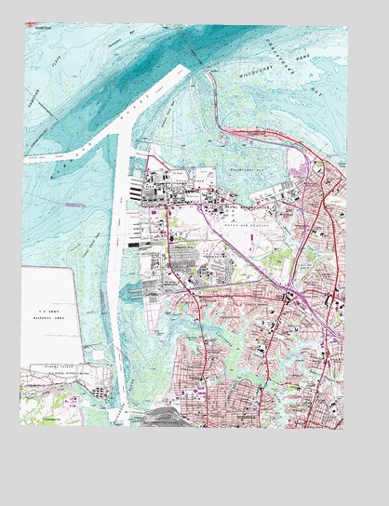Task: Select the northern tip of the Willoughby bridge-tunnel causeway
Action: (x=187, y=69)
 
